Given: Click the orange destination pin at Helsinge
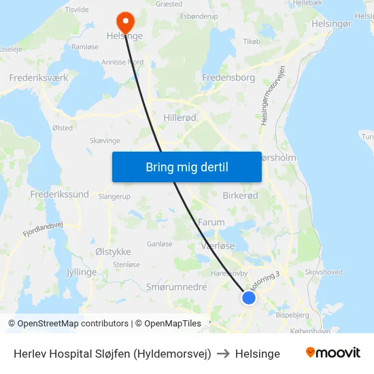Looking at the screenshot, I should (x=125, y=20).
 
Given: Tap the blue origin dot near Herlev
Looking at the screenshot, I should (x=249, y=298).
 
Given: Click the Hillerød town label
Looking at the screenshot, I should (x=180, y=118).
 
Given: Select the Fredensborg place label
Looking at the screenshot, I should (x=228, y=78).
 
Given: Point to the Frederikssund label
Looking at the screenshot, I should (x=60, y=194).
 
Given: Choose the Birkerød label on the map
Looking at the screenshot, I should (x=240, y=195).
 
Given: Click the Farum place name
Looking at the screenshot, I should (x=211, y=222).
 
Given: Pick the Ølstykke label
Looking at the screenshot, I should (x=113, y=251).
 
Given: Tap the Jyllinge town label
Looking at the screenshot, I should (x=82, y=271).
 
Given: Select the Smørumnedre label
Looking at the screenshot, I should (x=176, y=287).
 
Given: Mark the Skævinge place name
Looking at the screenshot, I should (x=105, y=140).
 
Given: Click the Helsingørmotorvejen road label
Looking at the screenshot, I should (x=272, y=95).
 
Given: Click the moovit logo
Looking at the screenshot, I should (x=333, y=353).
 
